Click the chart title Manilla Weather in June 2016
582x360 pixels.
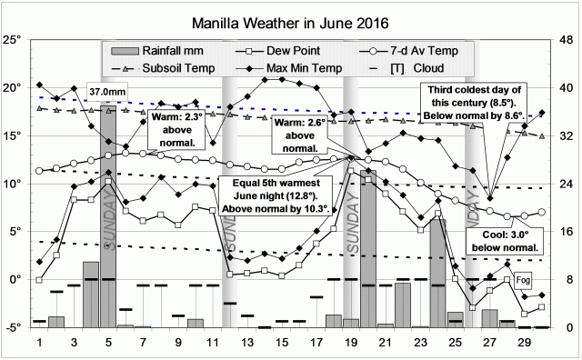292,21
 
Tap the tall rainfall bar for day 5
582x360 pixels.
108,218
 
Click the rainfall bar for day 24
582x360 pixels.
437,273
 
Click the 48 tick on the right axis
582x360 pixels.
566,40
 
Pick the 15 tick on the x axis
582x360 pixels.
282,344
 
